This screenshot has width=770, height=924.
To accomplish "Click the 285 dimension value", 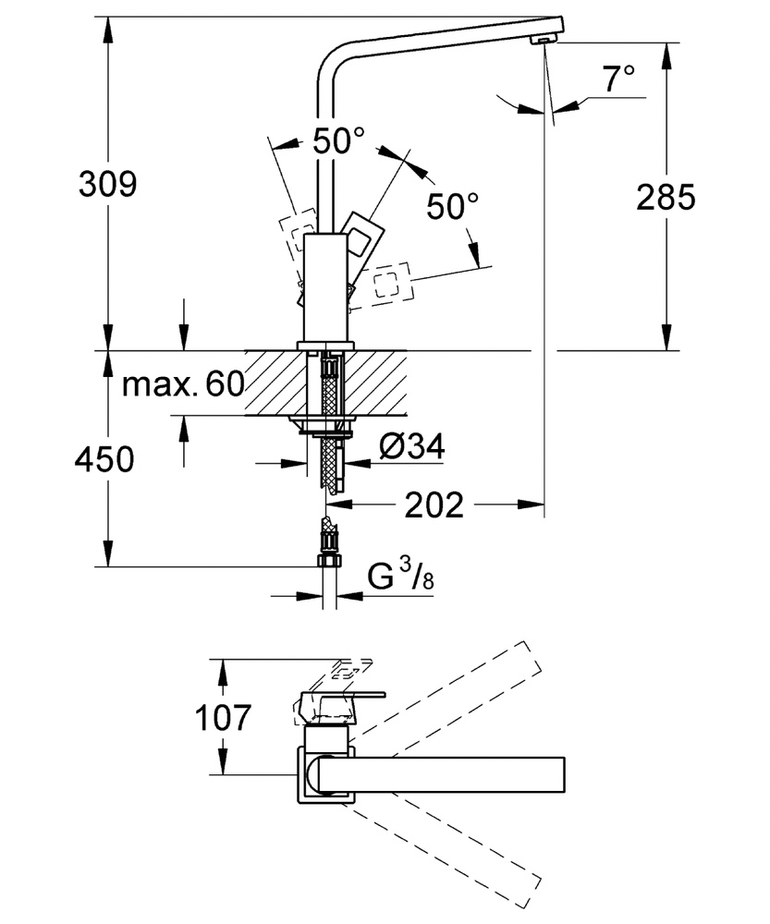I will click(665, 197).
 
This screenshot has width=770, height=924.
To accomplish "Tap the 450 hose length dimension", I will click(104, 458).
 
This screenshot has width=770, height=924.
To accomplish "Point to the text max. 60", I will click(182, 383).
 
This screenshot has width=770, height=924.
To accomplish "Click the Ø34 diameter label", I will click(411, 447).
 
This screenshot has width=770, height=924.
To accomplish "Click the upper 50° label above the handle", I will click(337, 141).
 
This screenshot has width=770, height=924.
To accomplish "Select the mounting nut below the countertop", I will click(324, 426).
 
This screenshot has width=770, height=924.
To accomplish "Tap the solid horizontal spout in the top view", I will click(444, 773).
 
